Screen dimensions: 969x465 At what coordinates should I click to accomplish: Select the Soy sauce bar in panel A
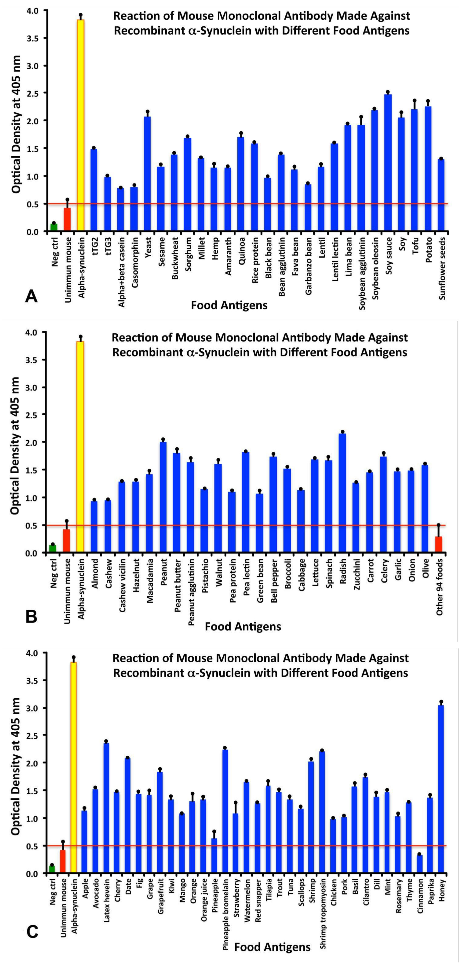388,162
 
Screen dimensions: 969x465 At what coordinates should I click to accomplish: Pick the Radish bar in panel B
342,493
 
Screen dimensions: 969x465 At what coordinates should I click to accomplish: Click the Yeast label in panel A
148,246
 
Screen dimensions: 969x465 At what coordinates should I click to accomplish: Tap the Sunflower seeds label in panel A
442,268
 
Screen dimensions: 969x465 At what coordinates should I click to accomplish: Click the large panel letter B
32,617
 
